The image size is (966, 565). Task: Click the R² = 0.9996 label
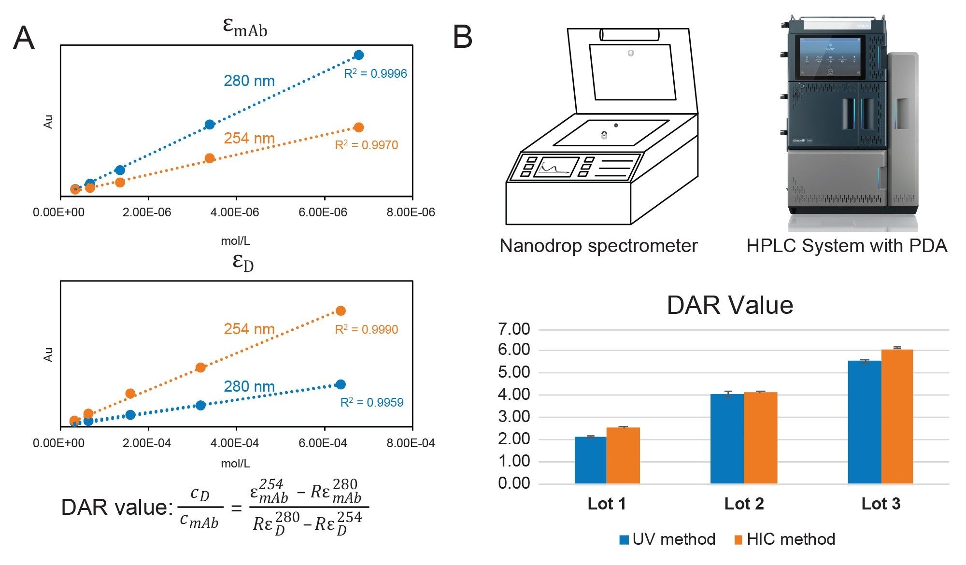point(375,73)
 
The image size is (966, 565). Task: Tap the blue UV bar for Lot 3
point(865,422)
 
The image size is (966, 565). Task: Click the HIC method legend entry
point(785,539)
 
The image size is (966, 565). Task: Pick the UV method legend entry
point(668,539)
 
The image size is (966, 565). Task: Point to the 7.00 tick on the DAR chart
point(514,329)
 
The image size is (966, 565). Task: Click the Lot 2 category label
point(744,504)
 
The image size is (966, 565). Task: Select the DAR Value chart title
point(729,305)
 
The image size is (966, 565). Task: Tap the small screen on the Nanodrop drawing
point(556,167)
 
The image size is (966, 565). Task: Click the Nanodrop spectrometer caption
point(598,246)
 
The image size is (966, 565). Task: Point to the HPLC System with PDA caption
point(846,246)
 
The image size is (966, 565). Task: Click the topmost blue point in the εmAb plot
point(358,55)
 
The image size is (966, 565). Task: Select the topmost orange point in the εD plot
point(341,311)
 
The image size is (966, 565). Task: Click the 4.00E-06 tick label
point(235,212)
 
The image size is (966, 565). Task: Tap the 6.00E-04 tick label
point(323,443)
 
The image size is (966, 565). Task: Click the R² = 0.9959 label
point(371,402)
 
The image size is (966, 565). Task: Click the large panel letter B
point(462,37)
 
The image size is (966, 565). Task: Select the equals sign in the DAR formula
point(236,508)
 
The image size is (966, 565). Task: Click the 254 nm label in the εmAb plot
point(249,138)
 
